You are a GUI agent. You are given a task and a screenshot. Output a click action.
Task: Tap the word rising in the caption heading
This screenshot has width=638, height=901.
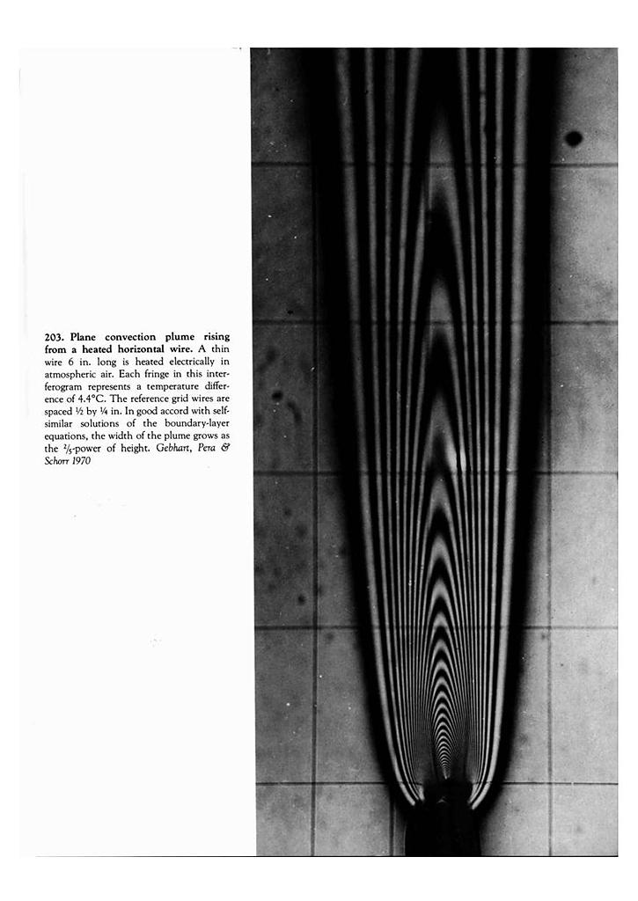216,337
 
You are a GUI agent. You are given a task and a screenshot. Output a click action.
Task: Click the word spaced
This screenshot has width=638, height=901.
58,411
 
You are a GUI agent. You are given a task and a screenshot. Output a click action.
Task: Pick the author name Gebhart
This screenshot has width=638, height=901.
165,449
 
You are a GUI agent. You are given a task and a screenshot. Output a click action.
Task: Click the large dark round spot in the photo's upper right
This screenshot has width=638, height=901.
574,138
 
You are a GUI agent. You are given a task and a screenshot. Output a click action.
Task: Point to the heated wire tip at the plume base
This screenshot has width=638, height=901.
444,778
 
